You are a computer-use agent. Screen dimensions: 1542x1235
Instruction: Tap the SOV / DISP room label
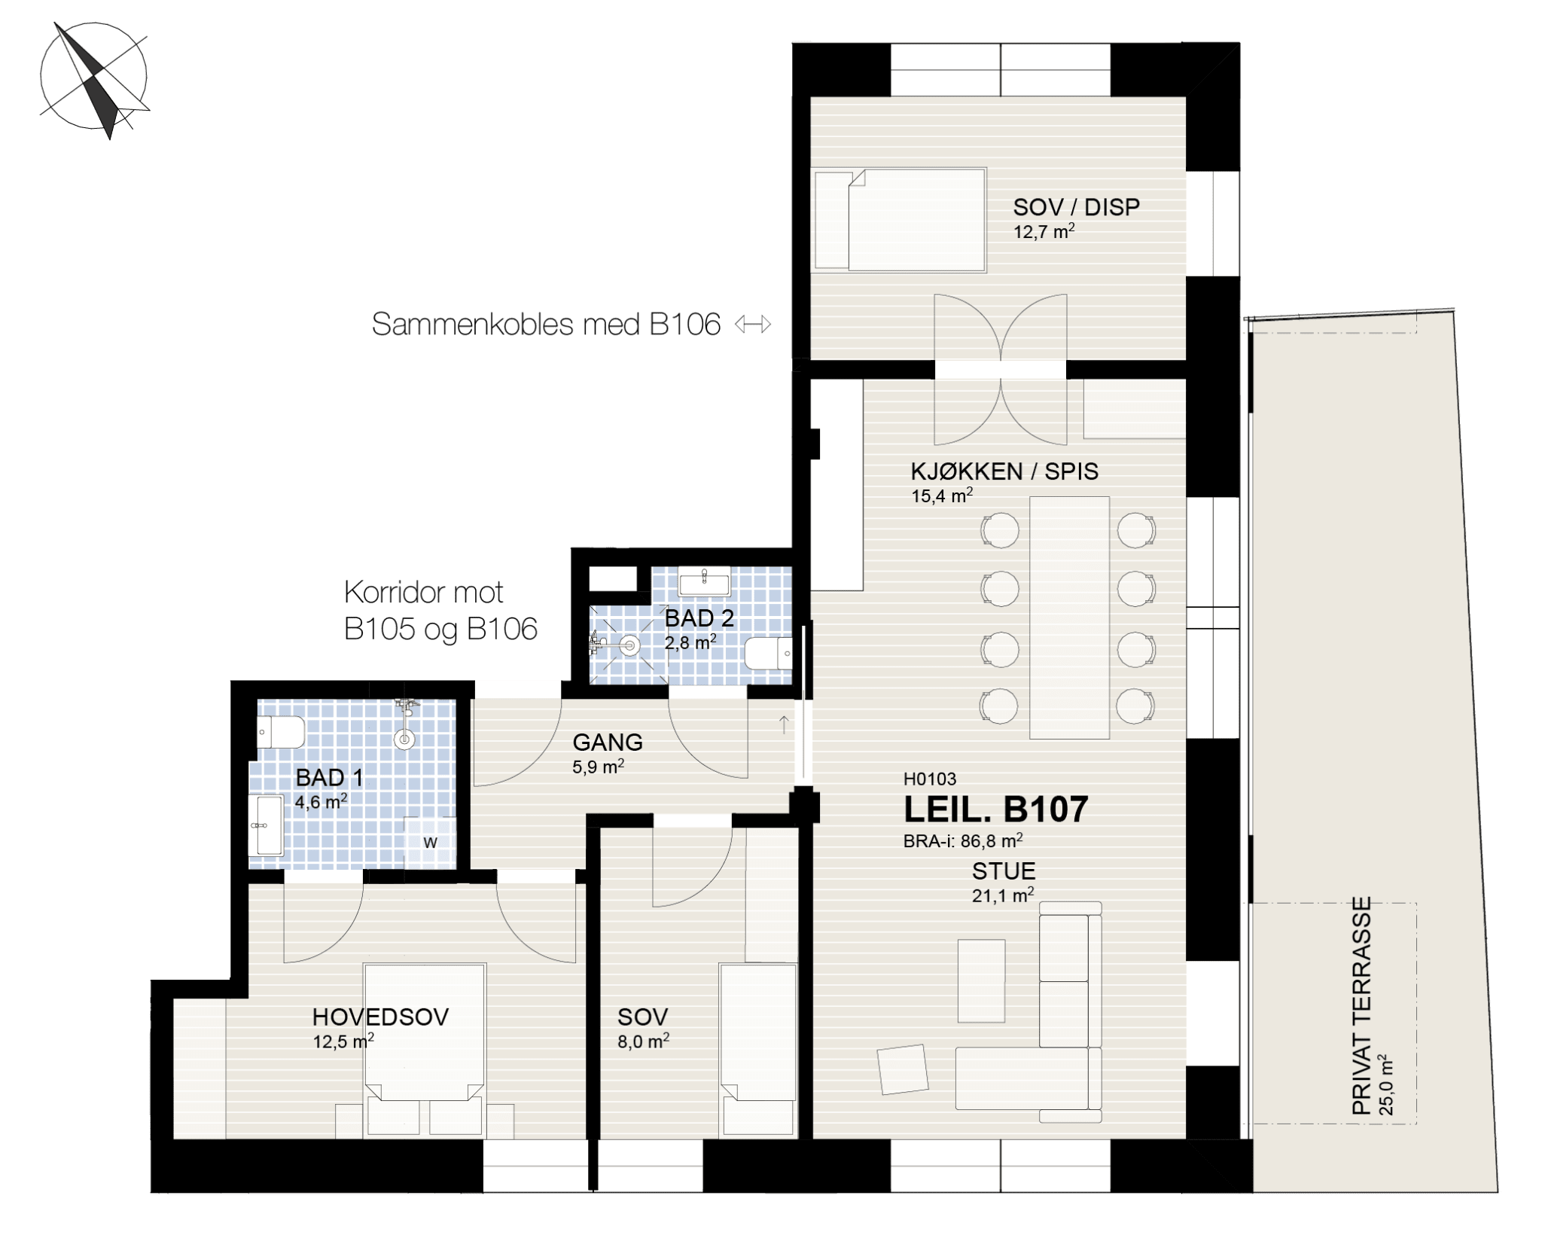coord(1076,207)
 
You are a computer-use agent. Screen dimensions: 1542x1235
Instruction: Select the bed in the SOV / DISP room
coord(900,219)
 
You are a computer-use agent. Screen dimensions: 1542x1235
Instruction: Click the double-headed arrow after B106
coord(753,325)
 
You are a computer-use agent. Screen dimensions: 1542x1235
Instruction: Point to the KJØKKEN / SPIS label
coord(1004,471)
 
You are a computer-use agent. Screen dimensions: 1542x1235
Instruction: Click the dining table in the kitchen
coord(1069,617)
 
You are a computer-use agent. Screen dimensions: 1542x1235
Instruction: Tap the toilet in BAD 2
coord(769,653)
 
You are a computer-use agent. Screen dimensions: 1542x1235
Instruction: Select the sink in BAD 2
coord(704,581)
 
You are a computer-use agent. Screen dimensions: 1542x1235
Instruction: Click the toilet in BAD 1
coord(280,732)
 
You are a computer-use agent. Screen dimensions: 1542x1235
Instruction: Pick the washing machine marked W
coord(430,842)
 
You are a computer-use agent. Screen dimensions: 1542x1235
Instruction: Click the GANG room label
coord(608,743)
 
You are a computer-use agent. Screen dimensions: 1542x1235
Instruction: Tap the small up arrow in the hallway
coord(784,724)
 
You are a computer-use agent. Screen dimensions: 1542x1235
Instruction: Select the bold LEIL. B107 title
coord(995,810)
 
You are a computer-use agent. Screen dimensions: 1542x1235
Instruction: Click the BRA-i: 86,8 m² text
coord(963,840)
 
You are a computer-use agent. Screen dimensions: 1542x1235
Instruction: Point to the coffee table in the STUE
coord(981,980)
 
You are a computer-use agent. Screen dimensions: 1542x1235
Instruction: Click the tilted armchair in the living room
coord(903,1069)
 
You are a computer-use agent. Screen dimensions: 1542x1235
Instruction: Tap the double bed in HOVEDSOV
coord(425,1049)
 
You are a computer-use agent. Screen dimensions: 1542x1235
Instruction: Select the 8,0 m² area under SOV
coord(643,1041)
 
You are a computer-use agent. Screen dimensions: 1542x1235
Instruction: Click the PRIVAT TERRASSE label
coord(1361,1006)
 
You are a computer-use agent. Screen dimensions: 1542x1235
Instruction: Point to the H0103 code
coord(930,779)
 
